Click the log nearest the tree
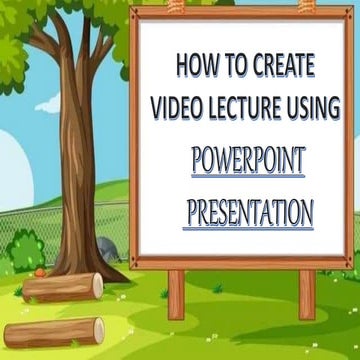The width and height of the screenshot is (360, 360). point(62,287)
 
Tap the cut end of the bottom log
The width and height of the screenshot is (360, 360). point(98,330)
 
